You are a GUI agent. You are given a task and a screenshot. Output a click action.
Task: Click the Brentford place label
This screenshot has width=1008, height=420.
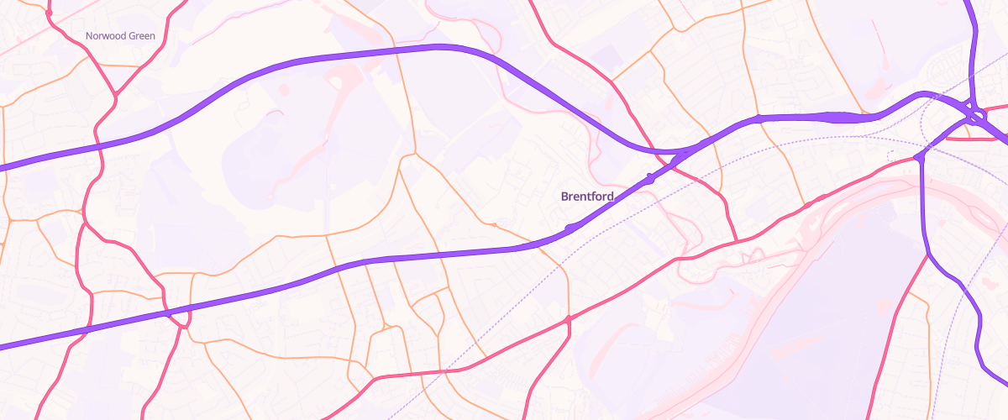[587, 196]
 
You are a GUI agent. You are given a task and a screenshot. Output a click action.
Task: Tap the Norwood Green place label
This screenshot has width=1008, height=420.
[120, 36]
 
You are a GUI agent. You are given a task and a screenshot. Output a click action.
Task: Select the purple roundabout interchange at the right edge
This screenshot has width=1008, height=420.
[975, 113]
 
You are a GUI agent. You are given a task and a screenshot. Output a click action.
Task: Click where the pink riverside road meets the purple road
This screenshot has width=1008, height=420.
[920, 156]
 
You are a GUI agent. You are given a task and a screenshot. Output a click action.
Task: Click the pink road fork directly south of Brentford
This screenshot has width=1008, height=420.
[569, 319]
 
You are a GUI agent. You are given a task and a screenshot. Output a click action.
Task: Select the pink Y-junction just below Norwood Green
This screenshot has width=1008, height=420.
[114, 92]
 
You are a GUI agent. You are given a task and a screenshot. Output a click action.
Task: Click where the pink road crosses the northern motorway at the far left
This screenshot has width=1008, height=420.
[99, 148]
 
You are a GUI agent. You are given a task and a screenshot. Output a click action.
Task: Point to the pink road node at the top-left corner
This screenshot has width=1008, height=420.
[49, 13]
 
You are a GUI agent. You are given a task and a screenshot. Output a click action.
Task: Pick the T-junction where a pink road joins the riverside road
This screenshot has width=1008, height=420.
[737, 242]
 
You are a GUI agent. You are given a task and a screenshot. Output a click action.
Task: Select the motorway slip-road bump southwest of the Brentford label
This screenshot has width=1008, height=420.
[570, 228]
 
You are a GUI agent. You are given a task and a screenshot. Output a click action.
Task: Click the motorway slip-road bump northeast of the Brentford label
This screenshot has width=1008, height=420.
[650, 177]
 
